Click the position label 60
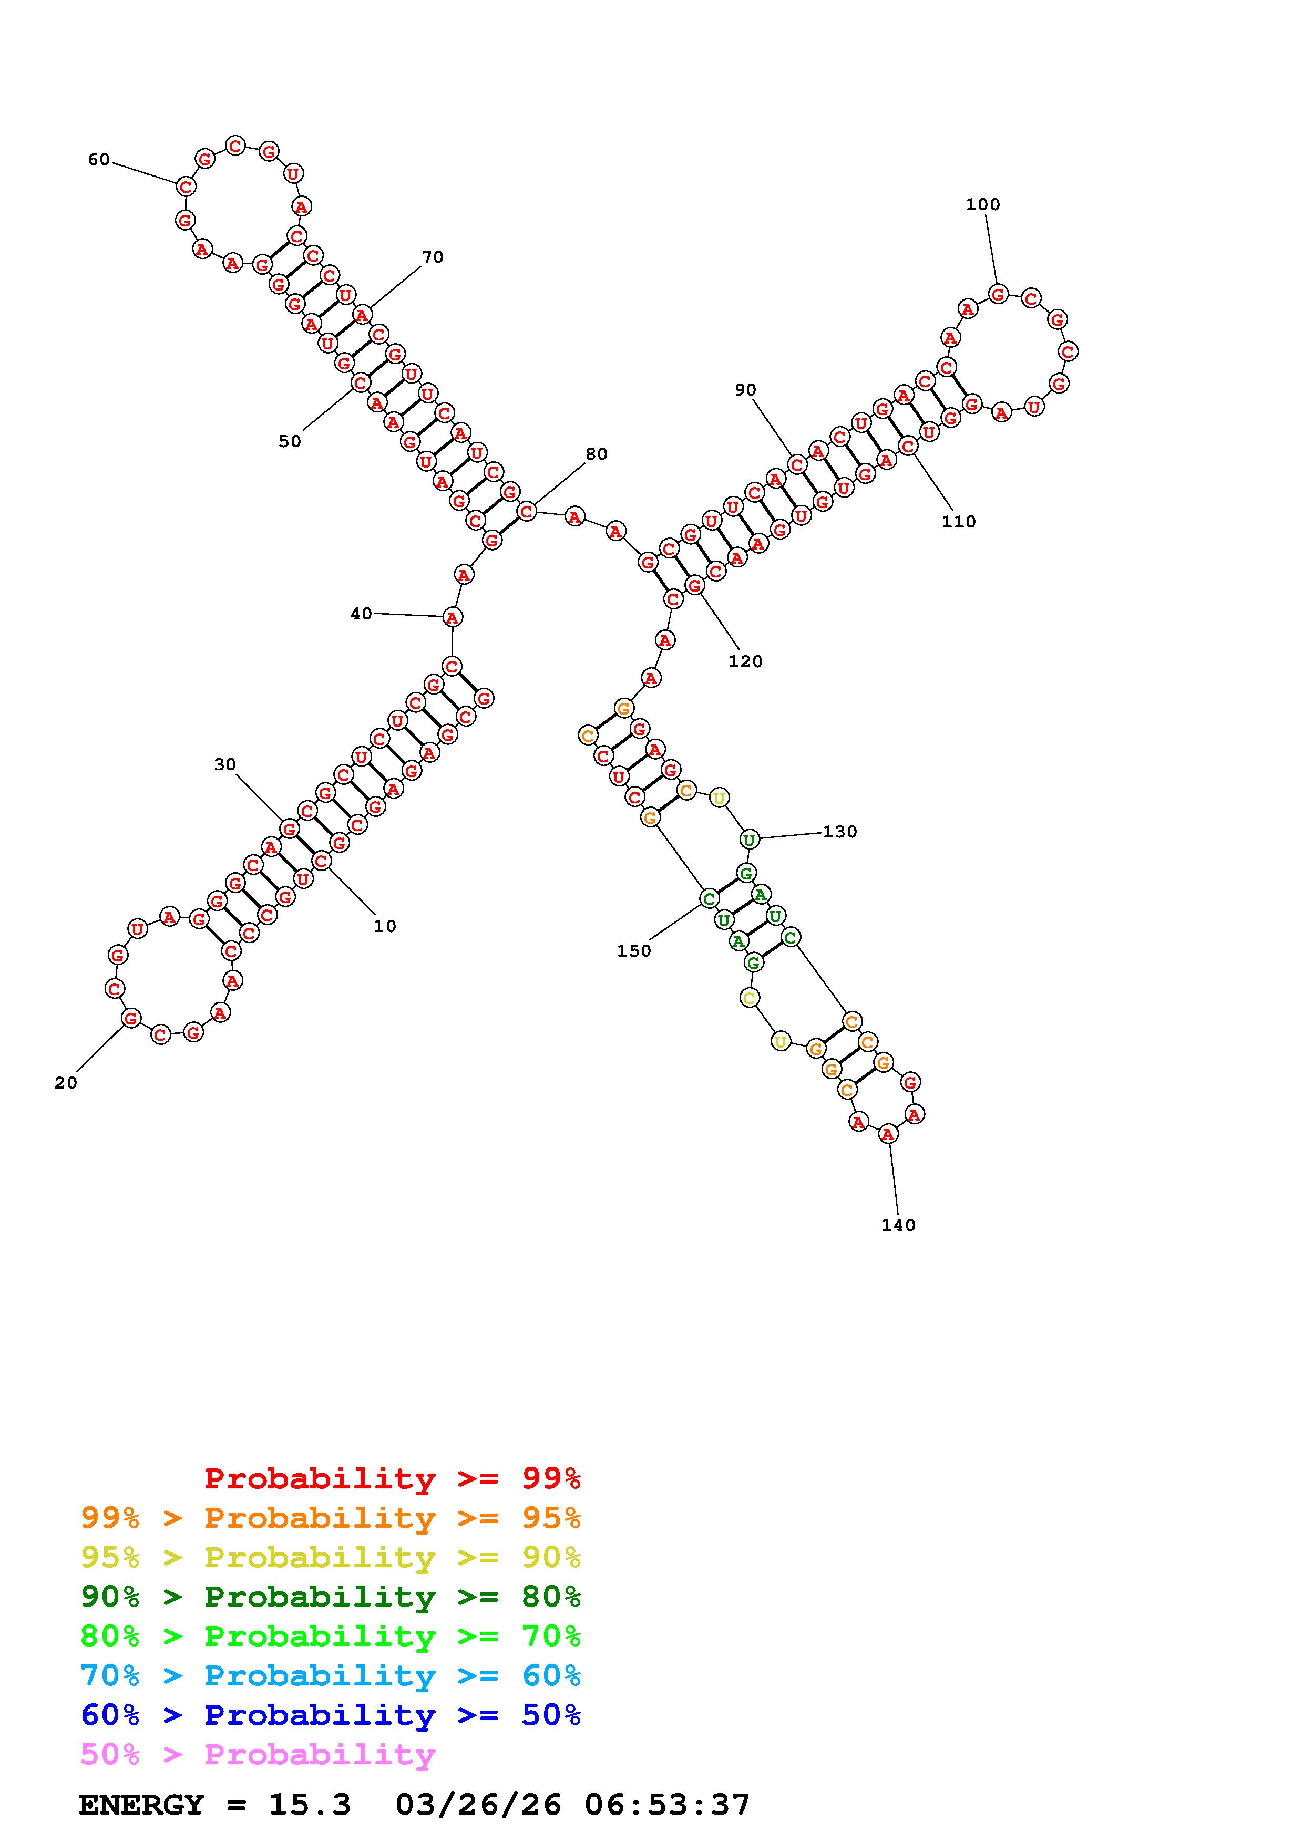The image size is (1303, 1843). tap(99, 160)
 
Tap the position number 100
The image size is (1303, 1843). tap(983, 205)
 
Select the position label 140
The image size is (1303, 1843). tap(898, 1225)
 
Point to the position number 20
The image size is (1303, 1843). tap(66, 1083)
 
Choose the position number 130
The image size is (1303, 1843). tap(840, 832)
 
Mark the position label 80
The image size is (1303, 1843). tap(597, 454)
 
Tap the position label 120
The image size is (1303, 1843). tap(745, 661)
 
